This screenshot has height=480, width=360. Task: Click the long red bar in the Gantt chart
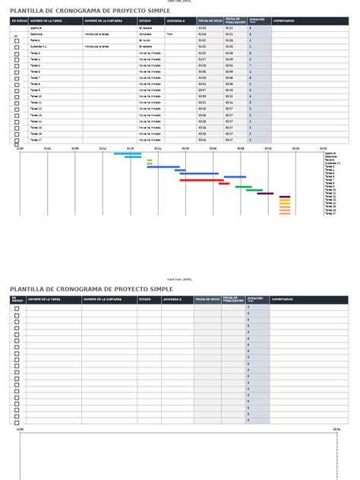point(201,180)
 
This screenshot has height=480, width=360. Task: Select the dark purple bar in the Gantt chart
point(265,193)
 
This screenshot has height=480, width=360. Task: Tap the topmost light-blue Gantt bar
point(127,153)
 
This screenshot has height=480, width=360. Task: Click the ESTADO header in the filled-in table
point(144,21)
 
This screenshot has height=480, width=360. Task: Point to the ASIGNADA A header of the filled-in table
point(175,21)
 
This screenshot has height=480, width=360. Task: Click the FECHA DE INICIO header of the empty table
point(207,300)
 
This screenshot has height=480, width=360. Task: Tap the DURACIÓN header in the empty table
point(257,300)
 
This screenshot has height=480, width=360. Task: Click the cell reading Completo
point(144,34)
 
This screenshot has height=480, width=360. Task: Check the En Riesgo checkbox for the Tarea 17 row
point(17,141)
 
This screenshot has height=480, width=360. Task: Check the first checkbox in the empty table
point(17,308)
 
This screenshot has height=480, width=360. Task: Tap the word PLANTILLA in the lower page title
point(27,289)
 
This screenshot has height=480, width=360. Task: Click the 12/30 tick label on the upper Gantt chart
point(21,149)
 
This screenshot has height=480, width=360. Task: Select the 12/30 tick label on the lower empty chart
point(21,428)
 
